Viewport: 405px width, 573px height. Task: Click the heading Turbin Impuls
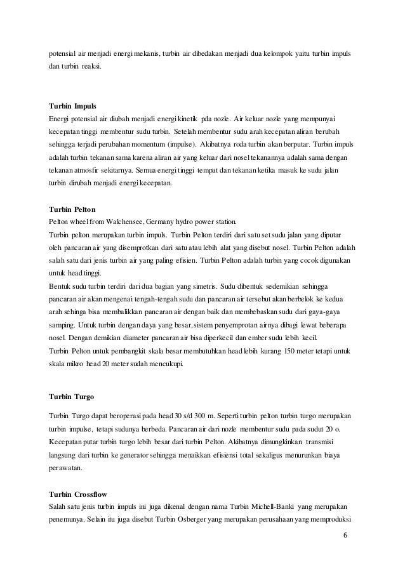72,105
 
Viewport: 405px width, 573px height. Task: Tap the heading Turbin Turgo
71,397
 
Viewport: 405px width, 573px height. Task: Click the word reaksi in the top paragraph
91,66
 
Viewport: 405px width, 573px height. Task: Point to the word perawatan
65,468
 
